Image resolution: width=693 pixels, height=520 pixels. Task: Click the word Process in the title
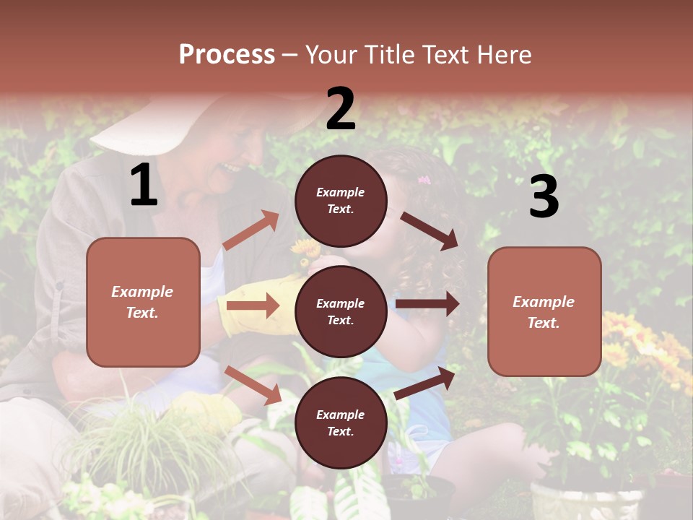click(x=227, y=55)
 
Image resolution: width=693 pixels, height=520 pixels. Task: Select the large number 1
click(x=144, y=186)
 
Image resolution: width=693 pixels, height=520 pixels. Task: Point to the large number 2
click(x=341, y=109)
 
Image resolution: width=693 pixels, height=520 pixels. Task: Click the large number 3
click(x=544, y=197)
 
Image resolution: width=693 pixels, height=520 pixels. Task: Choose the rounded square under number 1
click(x=143, y=302)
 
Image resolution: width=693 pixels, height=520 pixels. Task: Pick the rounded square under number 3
click(x=544, y=311)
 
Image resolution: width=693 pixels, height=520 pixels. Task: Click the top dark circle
click(x=341, y=201)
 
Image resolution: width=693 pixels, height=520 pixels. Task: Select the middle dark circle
click(x=341, y=311)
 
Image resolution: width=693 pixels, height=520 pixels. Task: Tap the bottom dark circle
click(x=341, y=422)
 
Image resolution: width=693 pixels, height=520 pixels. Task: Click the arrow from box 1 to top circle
click(x=251, y=230)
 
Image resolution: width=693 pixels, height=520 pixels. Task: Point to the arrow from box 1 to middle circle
click(x=253, y=305)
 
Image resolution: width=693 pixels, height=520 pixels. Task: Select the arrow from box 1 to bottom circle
click(x=253, y=385)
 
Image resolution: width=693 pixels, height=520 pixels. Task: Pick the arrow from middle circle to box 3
click(x=427, y=304)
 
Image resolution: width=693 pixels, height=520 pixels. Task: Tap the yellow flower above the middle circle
click(x=307, y=249)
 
